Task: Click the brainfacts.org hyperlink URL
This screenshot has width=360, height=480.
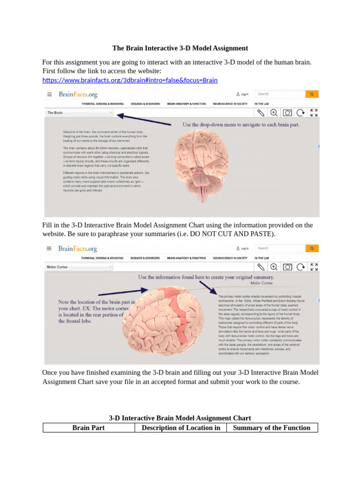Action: pyautogui.click(x=130, y=80)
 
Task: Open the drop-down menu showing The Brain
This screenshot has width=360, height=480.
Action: pyautogui.click(x=79, y=112)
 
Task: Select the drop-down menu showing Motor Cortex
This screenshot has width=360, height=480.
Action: pyautogui.click(x=79, y=267)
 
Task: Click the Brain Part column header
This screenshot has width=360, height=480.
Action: pyautogui.click(x=89, y=427)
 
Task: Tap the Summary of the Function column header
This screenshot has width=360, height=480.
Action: pyautogui.click(x=271, y=427)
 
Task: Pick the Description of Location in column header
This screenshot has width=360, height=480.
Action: pyautogui.click(x=180, y=427)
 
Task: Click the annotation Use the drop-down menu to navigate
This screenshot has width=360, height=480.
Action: pyautogui.click(x=240, y=125)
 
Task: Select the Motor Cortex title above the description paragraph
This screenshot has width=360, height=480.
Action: pyautogui.click(x=262, y=284)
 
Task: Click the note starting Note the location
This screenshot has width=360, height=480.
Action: pyautogui.click(x=96, y=312)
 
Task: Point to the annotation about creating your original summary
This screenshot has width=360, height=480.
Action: pyautogui.click(x=206, y=277)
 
